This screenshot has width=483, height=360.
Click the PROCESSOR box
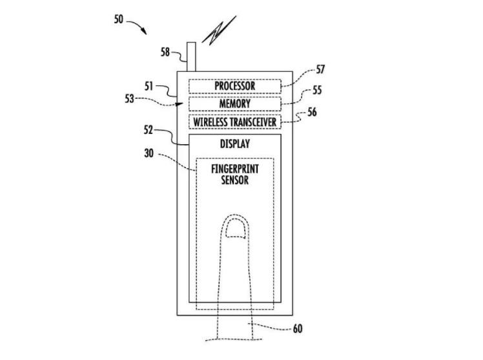pos(234,86)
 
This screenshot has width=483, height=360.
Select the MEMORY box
pos(234,103)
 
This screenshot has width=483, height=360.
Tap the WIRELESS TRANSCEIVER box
pos(234,121)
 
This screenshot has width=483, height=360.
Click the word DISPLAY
pos(234,143)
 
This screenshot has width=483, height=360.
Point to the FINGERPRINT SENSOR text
pos(234,174)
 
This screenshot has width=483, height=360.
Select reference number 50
pos(118,20)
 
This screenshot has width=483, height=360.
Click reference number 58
pos(166,52)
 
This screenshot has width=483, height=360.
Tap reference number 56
pos(312,112)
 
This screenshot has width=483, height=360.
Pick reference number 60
pos(297,328)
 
